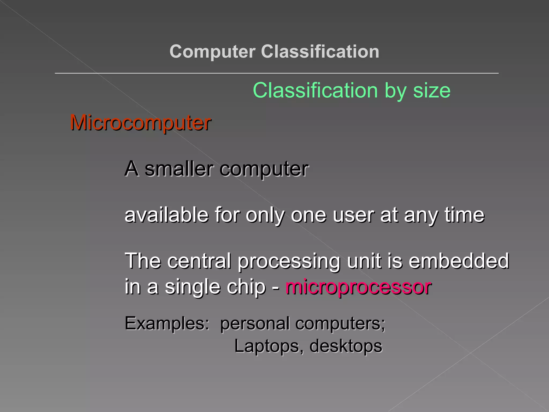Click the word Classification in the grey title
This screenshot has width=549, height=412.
point(320,51)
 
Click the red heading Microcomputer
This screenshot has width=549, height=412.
point(140,123)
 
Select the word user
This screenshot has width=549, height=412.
point(353,215)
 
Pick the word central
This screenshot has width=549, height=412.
point(199,261)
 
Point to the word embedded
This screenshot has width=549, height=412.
point(459,261)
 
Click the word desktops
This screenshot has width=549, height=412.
point(346,346)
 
